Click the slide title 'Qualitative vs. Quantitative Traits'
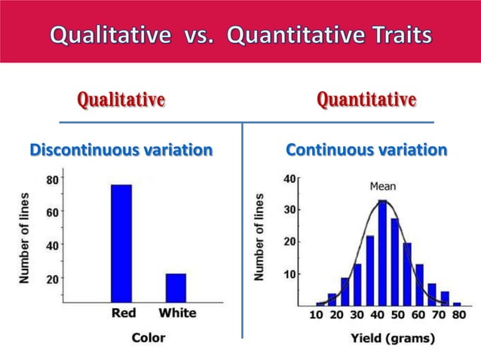click(x=240, y=35)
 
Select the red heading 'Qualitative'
click(x=121, y=99)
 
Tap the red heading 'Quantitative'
click(x=366, y=99)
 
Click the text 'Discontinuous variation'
click(x=121, y=151)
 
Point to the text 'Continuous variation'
click(x=366, y=151)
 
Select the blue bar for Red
click(x=121, y=243)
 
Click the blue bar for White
click(x=176, y=287)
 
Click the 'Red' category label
click(x=123, y=313)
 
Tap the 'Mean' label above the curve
click(x=382, y=186)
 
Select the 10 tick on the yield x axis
click(x=317, y=314)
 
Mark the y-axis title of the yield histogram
click(x=260, y=237)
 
